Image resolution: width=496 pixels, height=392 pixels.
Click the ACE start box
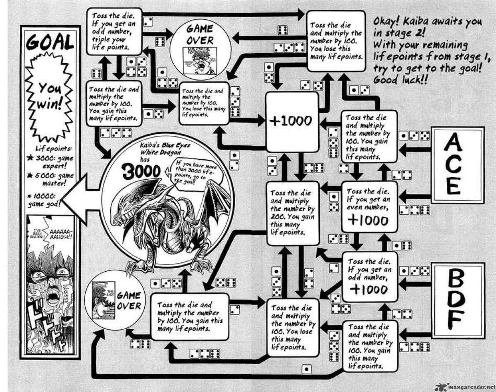coord(454,164)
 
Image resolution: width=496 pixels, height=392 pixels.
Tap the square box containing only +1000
coord(292,121)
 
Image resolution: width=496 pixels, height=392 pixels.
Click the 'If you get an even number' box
coord(369,207)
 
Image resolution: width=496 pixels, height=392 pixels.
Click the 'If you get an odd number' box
coord(369,276)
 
